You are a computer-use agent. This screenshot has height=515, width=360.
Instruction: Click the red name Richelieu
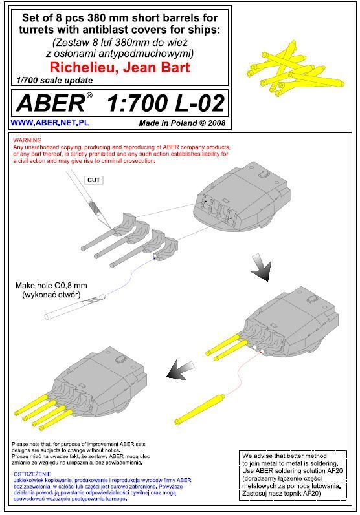click(82, 67)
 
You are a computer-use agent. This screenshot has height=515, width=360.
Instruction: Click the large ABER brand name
click(51, 103)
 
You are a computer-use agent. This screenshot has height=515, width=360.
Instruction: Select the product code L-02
click(199, 103)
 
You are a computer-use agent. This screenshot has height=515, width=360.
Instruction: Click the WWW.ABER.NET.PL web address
click(50, 123)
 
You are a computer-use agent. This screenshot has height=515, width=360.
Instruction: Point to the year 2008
click(216, 123)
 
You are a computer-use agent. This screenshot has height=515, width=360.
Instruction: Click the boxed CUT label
click(94, 180)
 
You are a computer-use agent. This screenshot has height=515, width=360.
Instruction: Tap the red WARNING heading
click(27, 140)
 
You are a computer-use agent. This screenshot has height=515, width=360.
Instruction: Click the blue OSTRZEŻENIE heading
click(32, 474)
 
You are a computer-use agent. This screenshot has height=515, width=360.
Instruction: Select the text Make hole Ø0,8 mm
click(51, 286)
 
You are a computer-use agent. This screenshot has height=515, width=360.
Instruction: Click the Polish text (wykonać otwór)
click(51, 295)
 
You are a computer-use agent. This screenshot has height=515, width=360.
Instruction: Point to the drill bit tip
click(105, 296)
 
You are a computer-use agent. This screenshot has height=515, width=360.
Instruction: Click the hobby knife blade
click(103, 219)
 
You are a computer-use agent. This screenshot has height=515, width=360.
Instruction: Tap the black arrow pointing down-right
click(262, 268)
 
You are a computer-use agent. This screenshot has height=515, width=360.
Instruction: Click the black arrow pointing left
click(181, 370)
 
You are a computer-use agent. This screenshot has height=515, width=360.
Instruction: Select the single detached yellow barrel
click(199, 410)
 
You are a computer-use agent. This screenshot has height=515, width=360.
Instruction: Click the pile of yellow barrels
click(294, 70)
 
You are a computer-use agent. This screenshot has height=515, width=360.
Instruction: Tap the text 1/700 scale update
click(54, 81)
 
